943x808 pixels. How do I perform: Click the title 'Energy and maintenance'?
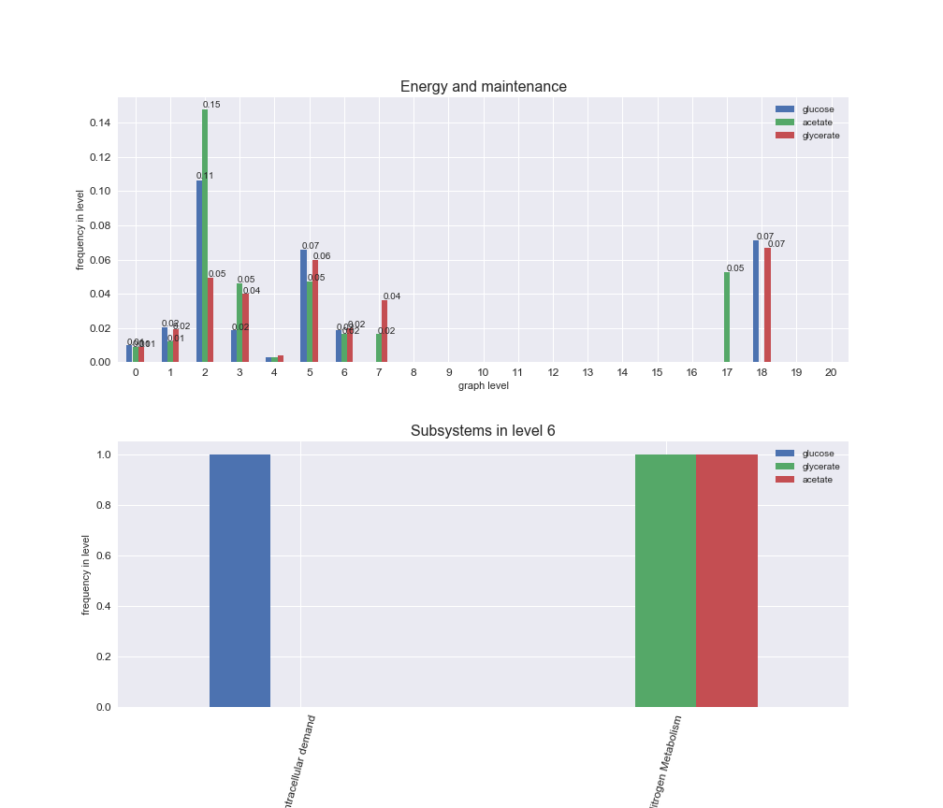tap(483, 87)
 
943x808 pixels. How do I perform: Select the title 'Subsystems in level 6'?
tap(483, 431)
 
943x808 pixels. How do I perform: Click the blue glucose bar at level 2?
tap(199, 271)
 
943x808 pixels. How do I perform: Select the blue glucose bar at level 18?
tap(756, 301)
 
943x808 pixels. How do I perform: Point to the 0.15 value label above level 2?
tap(211, 105)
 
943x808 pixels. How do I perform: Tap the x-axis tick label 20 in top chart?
tap(831, 372)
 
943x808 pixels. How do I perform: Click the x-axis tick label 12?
tap(553, 372)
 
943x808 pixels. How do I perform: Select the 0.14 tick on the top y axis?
tap(100, 123)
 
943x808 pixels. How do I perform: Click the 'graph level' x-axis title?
tap(483, 385)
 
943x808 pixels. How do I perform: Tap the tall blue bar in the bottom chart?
tap(239, 580)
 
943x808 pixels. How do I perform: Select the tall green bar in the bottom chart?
tap(665, 580)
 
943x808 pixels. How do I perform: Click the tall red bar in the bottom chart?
tap(726, 580)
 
